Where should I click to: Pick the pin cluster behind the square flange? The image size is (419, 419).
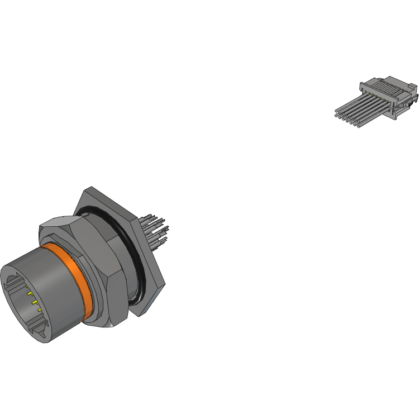pyautogui.click(x=155, y=229)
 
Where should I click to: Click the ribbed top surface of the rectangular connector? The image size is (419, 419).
pyautogui.click(x=389, y=87)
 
